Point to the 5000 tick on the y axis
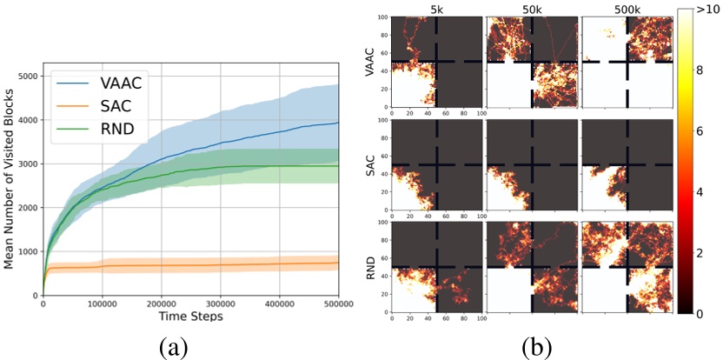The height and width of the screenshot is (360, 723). pyautogui.click(x=27, y=76)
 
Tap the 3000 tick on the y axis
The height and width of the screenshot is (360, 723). pyautogui.click(x=27, y=163)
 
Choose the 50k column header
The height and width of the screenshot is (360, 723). pyautogui.click(x=530, y=8)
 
